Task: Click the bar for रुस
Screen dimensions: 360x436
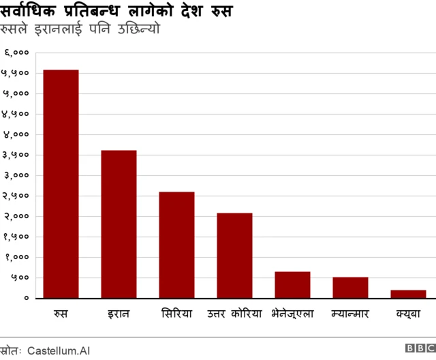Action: tap(61, 183)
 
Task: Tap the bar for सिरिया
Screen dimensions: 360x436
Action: tap(176, 245)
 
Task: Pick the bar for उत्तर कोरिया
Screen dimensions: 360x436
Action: tap(234, 255)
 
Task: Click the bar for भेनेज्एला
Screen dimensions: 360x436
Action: tap(292, 284)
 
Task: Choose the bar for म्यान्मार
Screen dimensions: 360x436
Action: tap(350, 287)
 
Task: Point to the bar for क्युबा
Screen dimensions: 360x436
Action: tap(408, 294)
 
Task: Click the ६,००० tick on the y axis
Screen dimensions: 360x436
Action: tap(16, 52)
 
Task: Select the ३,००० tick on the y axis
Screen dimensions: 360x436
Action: tap(16, 175)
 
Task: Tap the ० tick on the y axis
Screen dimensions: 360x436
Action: tap(26, 298)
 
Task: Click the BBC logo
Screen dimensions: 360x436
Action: tap(420, 348)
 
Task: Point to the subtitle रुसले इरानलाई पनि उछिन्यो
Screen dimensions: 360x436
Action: tap(80, 31)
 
